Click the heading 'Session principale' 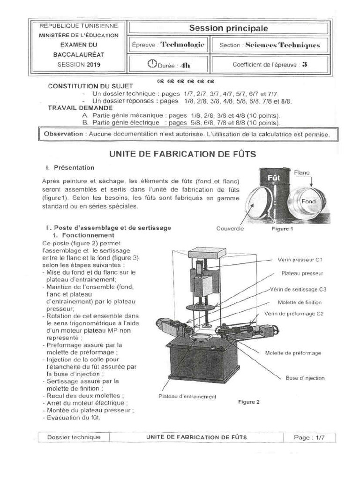click(228, 29)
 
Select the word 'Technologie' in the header click(182, 45)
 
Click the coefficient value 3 click(304, 65)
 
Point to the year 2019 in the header click(92, 65)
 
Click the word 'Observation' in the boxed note click(63, 134)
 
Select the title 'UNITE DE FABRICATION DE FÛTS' click(182, 154)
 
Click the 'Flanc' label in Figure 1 click(302, 172)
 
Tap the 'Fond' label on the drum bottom click(308, 201)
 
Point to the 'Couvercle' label click(230, 229)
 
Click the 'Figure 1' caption click(282, 229)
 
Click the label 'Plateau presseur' click(302, 273)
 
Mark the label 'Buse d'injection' click(305, 378)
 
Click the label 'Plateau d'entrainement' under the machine click(187, 396)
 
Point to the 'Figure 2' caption click(248, 402)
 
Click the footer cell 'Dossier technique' click(74, 437)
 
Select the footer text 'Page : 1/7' click(309, 437)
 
